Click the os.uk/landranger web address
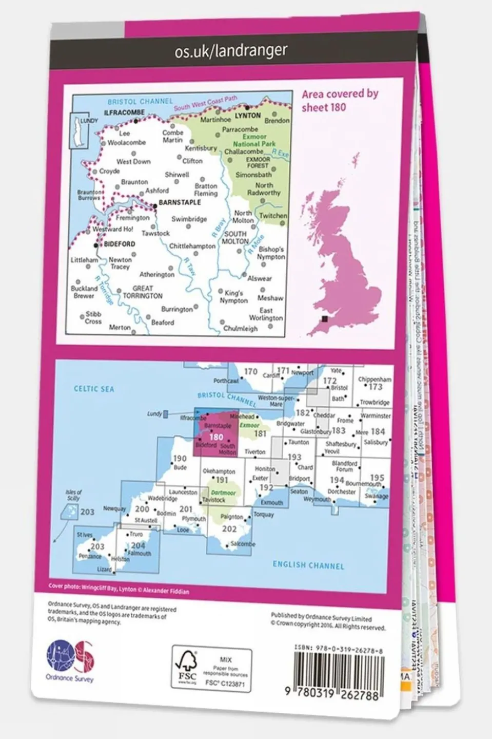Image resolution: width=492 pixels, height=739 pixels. point(231,51)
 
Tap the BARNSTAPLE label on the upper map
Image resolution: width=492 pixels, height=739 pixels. point(180,202)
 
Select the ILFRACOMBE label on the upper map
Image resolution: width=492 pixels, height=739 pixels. point(124,112)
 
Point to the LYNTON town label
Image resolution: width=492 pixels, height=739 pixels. point(248,116)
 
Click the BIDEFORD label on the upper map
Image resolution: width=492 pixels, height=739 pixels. point(120,244)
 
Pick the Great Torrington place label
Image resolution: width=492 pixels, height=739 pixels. point(143,292)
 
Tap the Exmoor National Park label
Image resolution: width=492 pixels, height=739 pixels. point(254,141)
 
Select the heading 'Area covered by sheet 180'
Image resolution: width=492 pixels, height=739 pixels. point(340,100)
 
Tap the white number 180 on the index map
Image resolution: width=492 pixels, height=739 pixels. point(217,437)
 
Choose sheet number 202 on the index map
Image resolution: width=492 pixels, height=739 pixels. point(229,528)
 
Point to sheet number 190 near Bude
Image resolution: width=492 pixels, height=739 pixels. point(180,459)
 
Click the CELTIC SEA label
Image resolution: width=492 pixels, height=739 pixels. point(94,389)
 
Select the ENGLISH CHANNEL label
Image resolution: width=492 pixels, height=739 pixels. point(308,565)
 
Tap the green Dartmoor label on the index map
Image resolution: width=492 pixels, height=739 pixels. point(224,492)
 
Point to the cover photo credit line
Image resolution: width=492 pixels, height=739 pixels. point(119,589)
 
